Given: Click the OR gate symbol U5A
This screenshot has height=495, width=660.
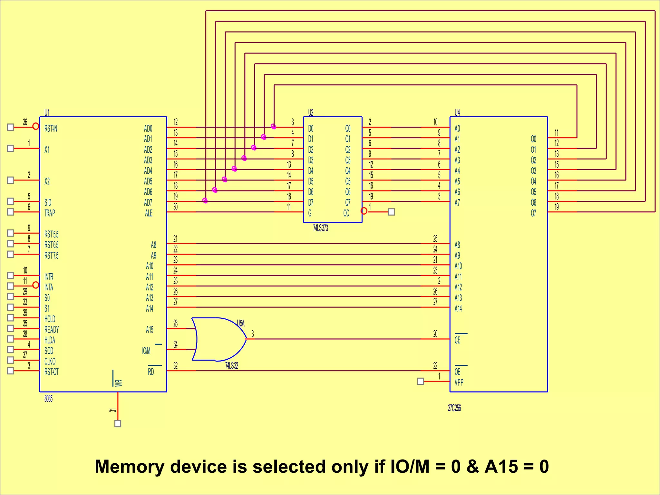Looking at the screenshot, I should point(219,339).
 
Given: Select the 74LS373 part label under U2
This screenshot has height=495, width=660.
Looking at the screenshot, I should point(320,228).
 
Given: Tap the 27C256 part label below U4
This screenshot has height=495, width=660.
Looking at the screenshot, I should point(454,408).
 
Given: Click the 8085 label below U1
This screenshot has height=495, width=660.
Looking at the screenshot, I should point(48,399).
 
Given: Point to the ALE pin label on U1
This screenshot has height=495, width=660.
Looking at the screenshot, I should point(149,213).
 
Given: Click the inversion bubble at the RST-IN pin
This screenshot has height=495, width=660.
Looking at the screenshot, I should point(36,126).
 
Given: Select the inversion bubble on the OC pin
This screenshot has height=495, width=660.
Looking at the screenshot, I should point(364,211).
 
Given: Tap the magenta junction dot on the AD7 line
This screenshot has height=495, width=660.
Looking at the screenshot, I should point(205,201).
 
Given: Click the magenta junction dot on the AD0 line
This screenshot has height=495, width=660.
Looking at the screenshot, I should point(273,126).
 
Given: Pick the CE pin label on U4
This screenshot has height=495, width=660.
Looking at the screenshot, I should point(458,340).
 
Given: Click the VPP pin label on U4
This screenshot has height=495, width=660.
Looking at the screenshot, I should point(459,383).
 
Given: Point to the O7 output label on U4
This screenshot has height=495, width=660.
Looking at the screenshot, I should point(533,213).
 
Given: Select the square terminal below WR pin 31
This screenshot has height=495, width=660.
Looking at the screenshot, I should point(118,424).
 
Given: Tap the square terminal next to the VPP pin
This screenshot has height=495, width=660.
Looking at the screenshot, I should point(421,382).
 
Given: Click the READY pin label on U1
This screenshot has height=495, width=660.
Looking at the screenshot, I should point(52,330).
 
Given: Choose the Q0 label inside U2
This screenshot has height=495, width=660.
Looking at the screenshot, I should point(348,129).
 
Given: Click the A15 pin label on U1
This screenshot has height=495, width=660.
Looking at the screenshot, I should point(150,330).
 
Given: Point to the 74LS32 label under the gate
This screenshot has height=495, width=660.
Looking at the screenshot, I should point(231,366).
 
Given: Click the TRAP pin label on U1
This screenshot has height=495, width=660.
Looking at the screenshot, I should point(50,213).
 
